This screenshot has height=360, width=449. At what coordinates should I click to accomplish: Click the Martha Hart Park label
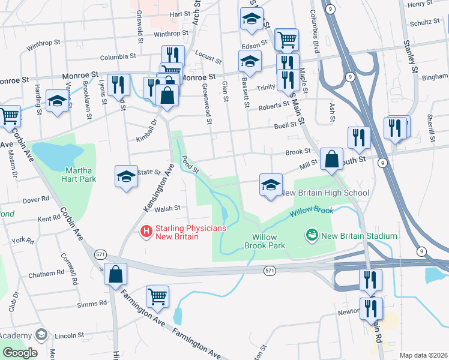(79, 174)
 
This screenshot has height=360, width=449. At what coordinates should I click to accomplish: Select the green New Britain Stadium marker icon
(312, 235)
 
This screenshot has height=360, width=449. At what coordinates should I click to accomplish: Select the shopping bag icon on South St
(331, 159)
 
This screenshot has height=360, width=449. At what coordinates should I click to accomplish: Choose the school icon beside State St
(126, 176)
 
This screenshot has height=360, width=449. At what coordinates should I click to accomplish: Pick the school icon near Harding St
(57, 100)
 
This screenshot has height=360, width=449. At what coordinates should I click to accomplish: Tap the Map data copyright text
(423, 355)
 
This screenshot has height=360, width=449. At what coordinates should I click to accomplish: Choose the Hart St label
(179, 13)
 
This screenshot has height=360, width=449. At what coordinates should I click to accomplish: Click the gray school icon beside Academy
(41, 334)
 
